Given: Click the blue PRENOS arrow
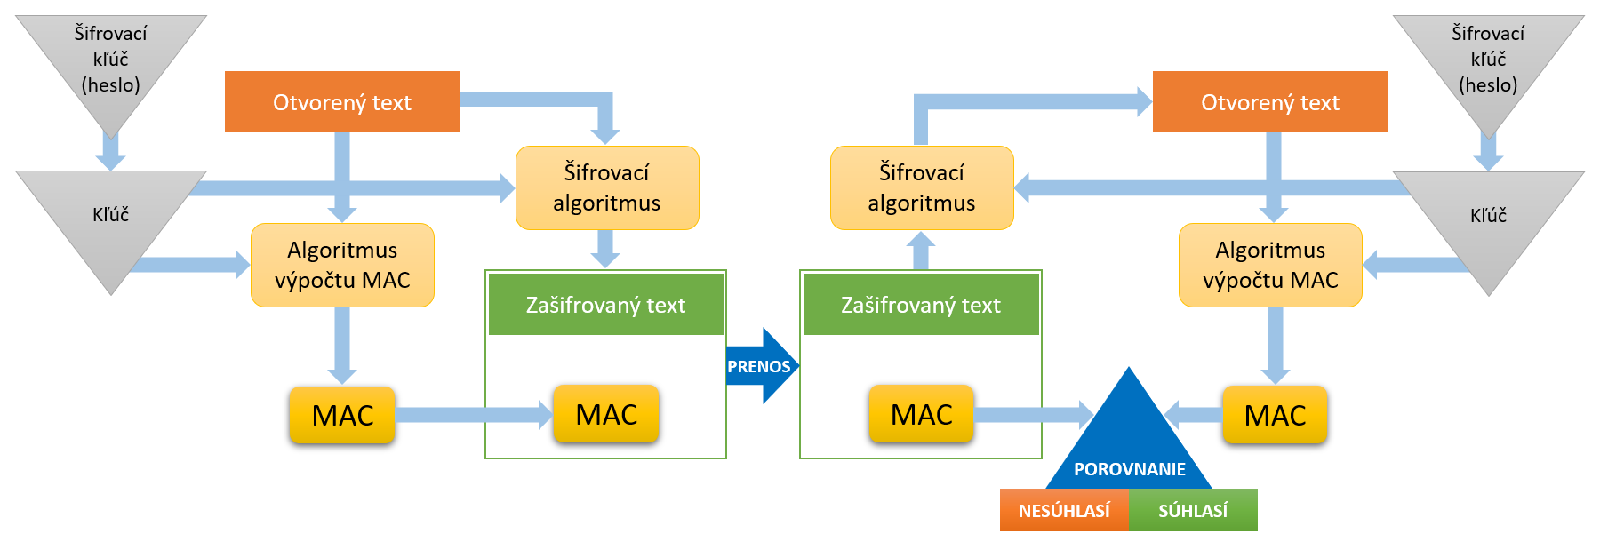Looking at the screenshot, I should (760, 366).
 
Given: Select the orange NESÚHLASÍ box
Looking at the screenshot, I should (1064, 510).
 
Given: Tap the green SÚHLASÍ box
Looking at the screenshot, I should (1193, 510).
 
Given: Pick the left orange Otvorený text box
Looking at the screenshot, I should (342, 102).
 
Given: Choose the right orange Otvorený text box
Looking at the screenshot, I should (1270, 102).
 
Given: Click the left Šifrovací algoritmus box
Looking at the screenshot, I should (607, 187).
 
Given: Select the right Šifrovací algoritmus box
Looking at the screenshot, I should (922, 187).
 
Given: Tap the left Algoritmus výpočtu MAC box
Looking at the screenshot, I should (342, 265).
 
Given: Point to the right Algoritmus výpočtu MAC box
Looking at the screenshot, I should (1270, 265).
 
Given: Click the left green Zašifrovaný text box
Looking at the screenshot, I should (606, 305).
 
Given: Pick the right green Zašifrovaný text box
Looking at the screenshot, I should (921, 305).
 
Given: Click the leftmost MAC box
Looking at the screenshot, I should (342, 415).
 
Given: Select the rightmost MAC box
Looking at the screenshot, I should (1275, 415).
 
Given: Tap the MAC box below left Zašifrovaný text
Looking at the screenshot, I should (606, 414).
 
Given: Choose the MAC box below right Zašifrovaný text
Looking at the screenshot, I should (921, 414).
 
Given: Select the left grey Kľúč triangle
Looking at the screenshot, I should (111, 218).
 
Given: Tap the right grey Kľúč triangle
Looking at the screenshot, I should (1488, 218).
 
